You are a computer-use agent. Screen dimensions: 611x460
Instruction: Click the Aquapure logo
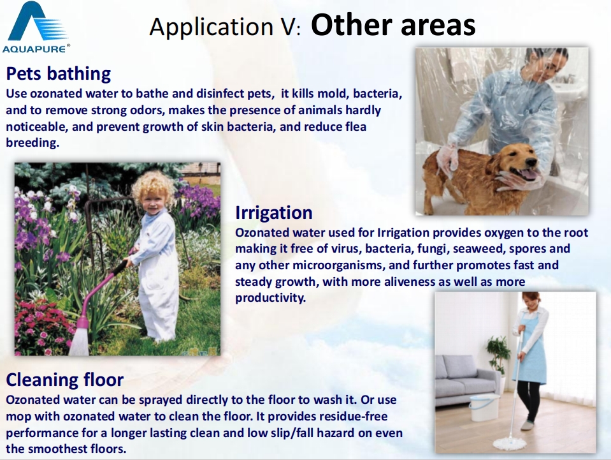[x=36, y=27]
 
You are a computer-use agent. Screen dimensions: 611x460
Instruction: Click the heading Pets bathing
[x=59, y=73]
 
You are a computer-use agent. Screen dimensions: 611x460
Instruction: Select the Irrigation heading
[x=273, y=212]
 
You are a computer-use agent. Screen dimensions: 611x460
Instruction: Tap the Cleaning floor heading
[x=65, y=380]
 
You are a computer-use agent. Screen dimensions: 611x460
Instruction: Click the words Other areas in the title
[x=392, y=25]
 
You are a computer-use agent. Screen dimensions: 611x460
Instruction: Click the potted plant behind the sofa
[x=498, y=353]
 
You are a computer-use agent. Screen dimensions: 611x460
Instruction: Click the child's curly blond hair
[x=154, y=187]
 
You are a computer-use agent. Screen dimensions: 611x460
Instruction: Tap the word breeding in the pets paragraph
[x=32, y=143]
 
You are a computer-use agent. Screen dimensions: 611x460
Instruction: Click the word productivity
[x=270, y=298]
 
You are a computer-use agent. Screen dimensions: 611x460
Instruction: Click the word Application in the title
[x=212, y=27]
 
